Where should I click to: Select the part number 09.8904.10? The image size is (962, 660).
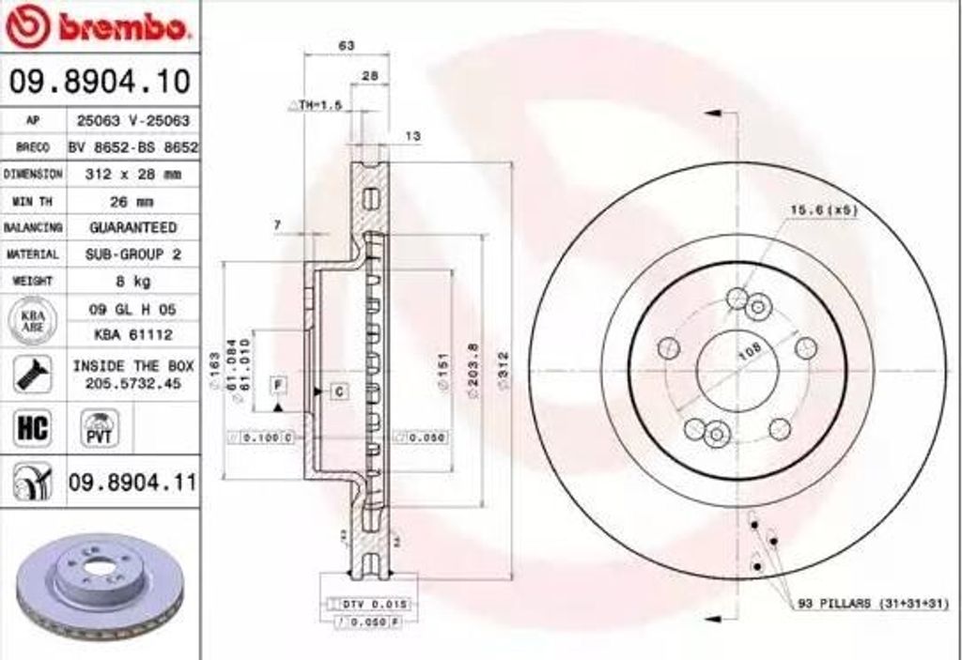click(x=99, y=82)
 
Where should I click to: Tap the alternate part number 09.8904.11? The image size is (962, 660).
click(x=132, y=483)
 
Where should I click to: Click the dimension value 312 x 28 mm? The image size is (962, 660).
click(x=132, y=175)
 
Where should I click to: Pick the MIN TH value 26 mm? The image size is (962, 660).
click(x=132, y=201)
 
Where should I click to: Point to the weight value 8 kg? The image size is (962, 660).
click(x=132, y=281)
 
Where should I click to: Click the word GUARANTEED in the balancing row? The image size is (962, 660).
click(x=132, y=227)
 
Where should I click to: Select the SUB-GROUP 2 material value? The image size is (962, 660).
click(x=132, y=254)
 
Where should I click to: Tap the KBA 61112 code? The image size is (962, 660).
click(x=132, y=334)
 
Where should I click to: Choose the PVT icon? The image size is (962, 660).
click(x=98, y=428)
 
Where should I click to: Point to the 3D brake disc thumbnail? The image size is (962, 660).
click(x=99, y=584)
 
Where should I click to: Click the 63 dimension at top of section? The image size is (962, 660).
click(x=346, y=45)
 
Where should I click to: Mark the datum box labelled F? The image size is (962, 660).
click(x=278, y=383)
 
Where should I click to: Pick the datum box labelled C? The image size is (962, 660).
click(x=338, y=391)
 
